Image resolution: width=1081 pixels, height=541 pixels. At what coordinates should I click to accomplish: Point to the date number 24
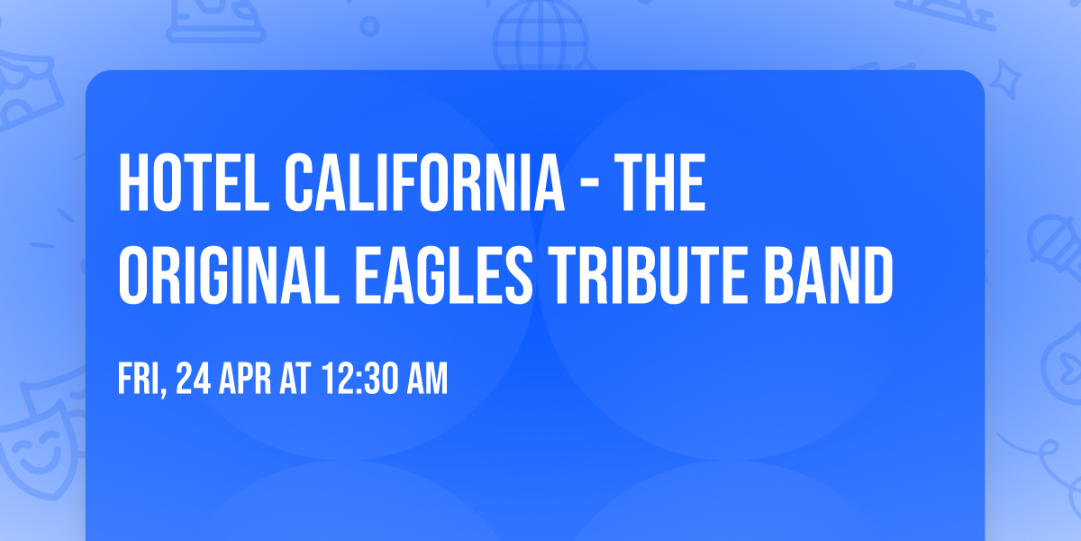point(194,381)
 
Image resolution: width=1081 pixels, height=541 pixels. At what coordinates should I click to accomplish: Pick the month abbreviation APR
point(246,381)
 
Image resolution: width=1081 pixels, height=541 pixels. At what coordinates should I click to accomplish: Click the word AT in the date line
point(295,381)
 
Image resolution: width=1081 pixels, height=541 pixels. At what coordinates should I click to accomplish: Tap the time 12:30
point(355,381)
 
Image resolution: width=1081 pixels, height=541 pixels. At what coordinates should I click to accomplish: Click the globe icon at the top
point(539,32)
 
